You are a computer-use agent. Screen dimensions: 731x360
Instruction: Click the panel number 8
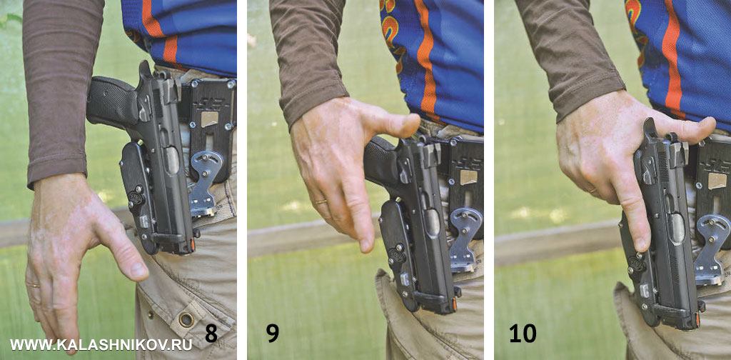click(x=211, y=334)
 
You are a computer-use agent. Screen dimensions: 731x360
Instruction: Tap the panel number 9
click(x=273, y=334)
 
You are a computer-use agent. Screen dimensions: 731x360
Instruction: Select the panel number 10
click(x=523, y=334)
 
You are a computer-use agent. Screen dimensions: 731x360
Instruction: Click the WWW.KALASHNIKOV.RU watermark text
click(x=101, y=344)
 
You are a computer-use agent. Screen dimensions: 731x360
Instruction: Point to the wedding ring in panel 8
click(x=36, y=285)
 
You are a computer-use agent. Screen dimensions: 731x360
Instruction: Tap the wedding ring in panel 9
click(x=321, y=201)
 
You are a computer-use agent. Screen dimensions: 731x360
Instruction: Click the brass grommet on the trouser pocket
click(x=186, y=319)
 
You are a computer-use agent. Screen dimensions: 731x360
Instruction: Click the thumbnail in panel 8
click(x=138, y=270)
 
